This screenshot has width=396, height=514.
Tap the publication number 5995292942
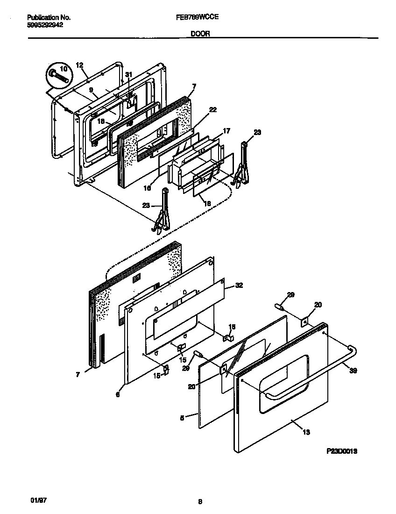pos(45,25)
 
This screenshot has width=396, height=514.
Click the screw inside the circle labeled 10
pos(57,75)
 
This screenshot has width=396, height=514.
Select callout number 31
pos(129,75)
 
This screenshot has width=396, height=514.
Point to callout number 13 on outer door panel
pos(306,432)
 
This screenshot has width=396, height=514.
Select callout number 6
pos(118,395)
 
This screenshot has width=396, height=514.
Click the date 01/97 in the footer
pos(39,500)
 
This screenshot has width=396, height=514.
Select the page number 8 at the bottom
pos(200,503)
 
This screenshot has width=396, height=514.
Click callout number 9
pos(91,89)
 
